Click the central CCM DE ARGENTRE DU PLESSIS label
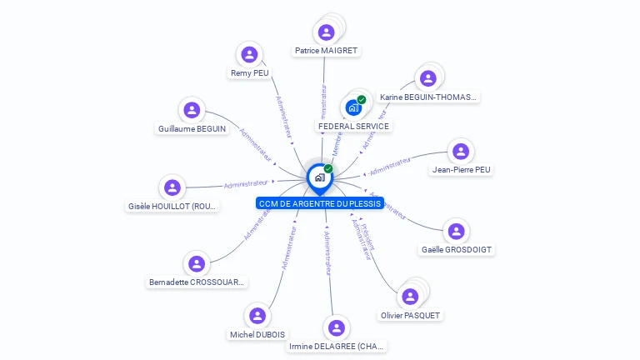(319, 203)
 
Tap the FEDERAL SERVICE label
(353, 127)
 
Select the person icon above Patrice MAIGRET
(327, 32)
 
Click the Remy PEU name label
(250, 73)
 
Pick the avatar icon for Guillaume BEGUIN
(192, 110)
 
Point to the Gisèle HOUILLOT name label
(172, 206)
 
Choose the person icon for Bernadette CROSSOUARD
(197, 264)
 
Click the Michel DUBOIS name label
(257, 334)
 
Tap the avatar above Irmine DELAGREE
(337, 327)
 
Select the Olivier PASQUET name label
(410, 315)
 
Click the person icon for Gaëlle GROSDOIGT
(455, 231)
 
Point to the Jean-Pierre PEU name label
(461, 170)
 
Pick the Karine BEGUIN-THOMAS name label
(428, 97)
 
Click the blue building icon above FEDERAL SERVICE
(353, 107)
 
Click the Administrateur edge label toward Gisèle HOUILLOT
(247, 183)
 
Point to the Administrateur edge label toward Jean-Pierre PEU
(390, 167)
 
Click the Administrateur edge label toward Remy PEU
(283, 122)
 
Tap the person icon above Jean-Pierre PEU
(461, 151)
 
